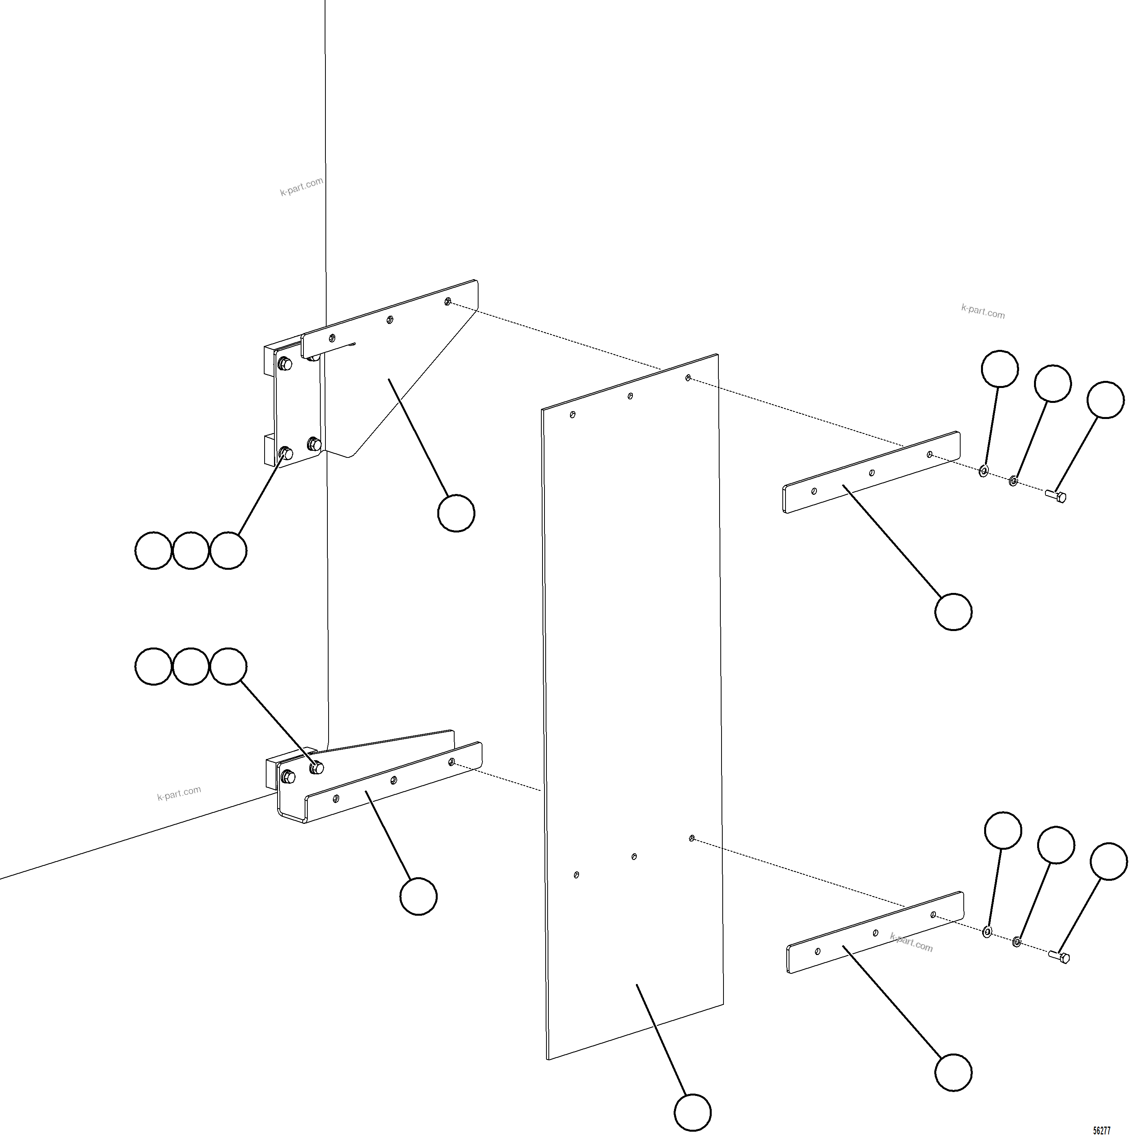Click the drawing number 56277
click(1102, 1130)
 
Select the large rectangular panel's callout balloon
click(692, 1112)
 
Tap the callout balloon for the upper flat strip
click(953, 612)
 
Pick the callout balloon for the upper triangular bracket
click(456, 513)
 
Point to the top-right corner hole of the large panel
click(688, 377)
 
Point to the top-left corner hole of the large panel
click(572, 415)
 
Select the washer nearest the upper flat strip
click(983, 472)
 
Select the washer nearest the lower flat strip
click(987, 932)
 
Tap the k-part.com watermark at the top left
click(301, 187)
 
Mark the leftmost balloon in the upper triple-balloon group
click(153, 551)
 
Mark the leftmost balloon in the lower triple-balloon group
click(153, 666)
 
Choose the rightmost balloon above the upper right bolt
click(1105, 400)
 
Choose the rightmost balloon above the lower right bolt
click(1109, 862)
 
